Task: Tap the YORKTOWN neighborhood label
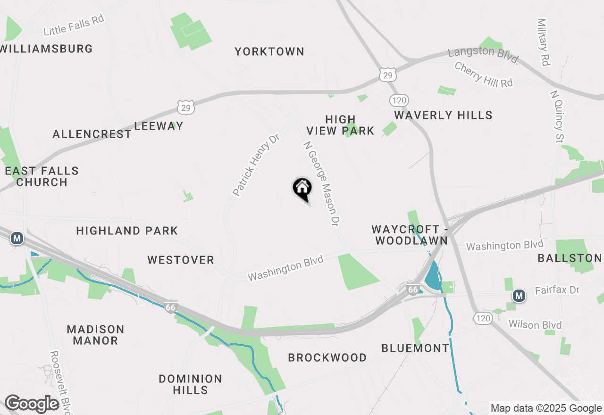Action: click(x=269, y=51)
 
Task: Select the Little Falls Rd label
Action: click(x=74, y=25)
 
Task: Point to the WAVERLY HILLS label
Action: click(x=443, y=115)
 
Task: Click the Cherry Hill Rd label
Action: click(x=483, y=74)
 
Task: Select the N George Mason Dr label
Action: click(x=321, y=184)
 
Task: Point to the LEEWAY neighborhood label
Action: click(x=159, y=126)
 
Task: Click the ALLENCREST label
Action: click(x=92, y=134)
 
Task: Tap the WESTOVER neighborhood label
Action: click(x=181, y=260)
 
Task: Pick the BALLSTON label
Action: click(x=570, y=258)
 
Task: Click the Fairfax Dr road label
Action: click(x=557, y=290)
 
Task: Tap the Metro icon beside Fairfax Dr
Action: click(x=519, y=296)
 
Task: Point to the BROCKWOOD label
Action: click(x=327, y=357)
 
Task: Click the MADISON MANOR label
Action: click(x=95, y=335)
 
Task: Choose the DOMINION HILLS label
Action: click(x=190, y=384)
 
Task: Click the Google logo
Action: click(x=32, y=404)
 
